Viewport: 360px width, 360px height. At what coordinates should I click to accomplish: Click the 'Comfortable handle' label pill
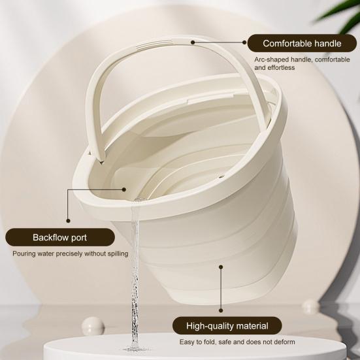coord(302,44)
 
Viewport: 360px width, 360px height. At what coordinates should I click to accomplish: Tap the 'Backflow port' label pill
coord(59,237)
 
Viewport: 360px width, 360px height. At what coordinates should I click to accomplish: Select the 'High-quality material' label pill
coord(227,325)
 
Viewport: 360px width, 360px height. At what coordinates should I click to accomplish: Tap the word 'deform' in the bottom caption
coord(283,342)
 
